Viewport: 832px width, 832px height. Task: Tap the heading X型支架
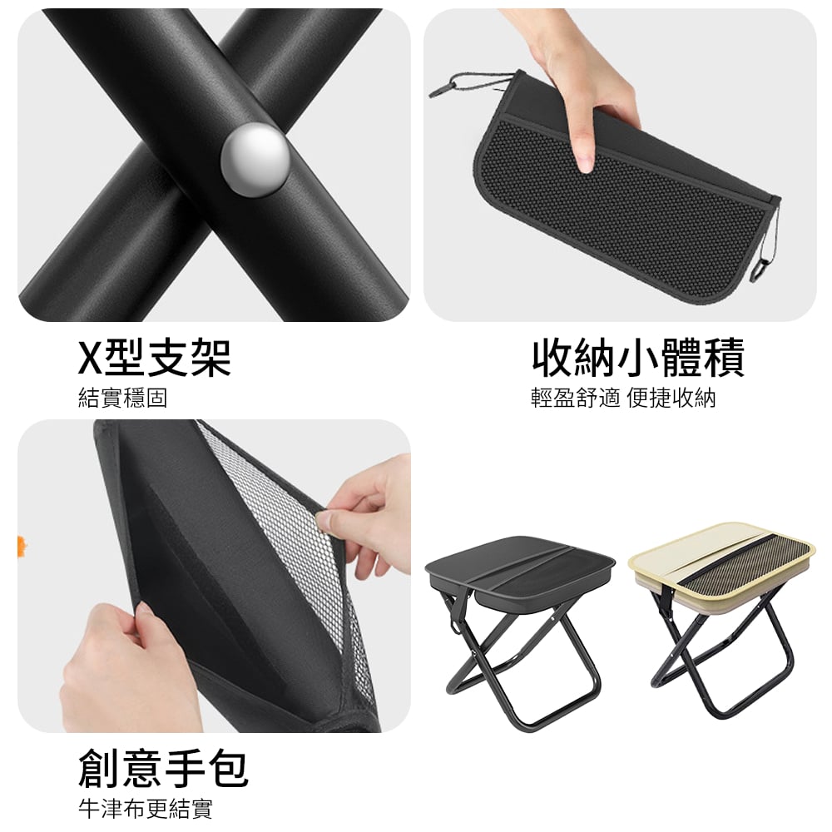[x=155, y=357]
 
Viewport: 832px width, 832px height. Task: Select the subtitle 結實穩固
[x=122, y=398]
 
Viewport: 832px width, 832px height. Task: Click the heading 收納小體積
[x=638, y=357]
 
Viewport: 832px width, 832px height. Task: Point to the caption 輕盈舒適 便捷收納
[x=623, y=398]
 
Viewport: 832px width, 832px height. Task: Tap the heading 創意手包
[x=163, y=768]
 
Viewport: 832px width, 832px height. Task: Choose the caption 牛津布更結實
[x=146, y=810]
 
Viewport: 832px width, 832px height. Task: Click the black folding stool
[x=520, y=631]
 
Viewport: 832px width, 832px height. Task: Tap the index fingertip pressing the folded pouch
[x=586, y=166]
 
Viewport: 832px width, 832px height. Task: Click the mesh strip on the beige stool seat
[x=743, y=562]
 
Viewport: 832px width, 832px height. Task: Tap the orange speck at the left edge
[x=22, y=543]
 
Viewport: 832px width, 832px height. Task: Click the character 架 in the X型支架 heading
[x=211, y=357]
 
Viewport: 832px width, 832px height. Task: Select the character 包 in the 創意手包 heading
[x=229, y=768]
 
